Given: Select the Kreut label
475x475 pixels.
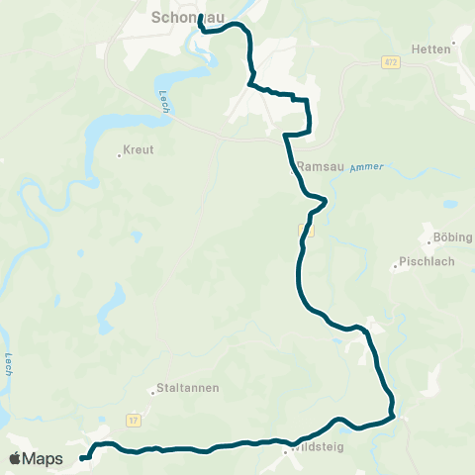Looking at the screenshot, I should click(140, 151).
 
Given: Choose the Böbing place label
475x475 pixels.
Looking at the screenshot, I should click(453, 237).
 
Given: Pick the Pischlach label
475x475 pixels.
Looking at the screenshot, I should click(425, 262).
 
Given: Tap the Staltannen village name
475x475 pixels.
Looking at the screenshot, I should click(187, 389).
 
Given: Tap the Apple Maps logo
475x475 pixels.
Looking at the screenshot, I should click(37, 458).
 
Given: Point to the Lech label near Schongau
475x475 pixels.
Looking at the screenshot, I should click(163, 101).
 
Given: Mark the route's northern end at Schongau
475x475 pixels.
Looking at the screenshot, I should click(200, 17).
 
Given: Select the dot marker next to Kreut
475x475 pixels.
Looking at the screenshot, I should click(119, 152).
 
